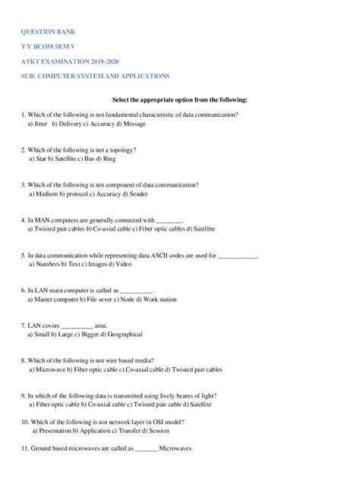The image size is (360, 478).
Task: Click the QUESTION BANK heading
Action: (49, 33)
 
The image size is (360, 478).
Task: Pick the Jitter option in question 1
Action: (40, 122)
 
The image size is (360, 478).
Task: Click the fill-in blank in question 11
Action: (146, 448)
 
